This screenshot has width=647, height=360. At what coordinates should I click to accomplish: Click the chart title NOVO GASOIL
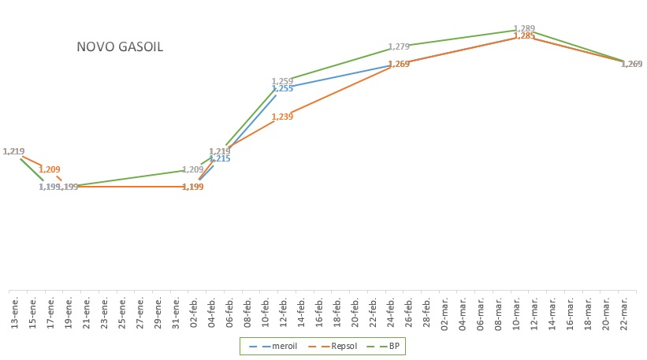click(x=120, y=46)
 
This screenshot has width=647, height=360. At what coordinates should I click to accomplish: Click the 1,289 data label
click(x=524, y=28)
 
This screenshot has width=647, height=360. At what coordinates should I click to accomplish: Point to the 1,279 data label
click(x=399, y=47)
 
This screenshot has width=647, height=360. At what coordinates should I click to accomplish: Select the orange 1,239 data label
click(x=282, y=117)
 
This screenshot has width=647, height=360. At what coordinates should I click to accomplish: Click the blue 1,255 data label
click(x=282, y=89)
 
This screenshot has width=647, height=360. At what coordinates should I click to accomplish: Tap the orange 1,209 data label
click(x=49, y=169)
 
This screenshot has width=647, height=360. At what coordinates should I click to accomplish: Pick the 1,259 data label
click(x=282, y=81)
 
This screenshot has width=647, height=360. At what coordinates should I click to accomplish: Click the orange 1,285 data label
click(x=524, y=36)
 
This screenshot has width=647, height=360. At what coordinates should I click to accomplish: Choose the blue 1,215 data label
click(x=220, y=159)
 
